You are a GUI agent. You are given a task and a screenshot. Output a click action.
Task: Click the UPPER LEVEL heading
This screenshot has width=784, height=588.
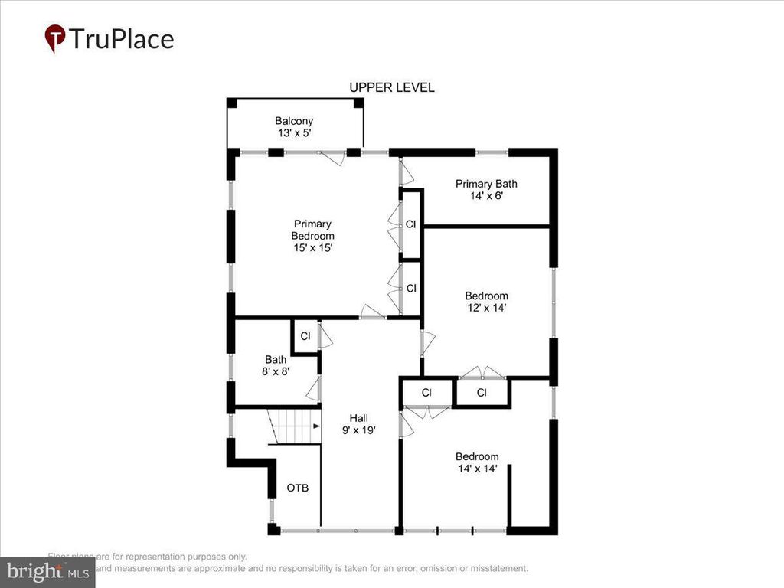click(x=392, y=87)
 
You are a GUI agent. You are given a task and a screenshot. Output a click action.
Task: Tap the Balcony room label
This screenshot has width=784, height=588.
click(x=294, y=121)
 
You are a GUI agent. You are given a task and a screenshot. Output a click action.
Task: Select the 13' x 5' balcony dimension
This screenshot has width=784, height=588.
click(x=294, y=133)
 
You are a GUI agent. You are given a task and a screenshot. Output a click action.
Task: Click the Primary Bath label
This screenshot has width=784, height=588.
click(x=486, y=184)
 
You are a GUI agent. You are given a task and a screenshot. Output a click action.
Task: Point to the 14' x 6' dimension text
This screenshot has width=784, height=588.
click(x=486, y=196)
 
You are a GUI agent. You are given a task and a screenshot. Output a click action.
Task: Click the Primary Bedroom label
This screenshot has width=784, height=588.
click(x=312, y=230)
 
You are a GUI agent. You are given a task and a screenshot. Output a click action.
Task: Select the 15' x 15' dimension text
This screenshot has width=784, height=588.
click(x=312, y=248)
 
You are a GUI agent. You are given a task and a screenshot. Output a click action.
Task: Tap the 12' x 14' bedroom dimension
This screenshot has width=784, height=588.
click(x=486, y=309)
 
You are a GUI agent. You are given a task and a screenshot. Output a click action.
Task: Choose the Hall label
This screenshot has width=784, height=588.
click(x=359, y=418)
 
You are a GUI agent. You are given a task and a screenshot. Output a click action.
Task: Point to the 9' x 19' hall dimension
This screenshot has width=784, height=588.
click(x=359, y=430)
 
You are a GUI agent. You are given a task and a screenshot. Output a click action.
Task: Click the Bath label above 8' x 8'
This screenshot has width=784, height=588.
click(x=275, y=359)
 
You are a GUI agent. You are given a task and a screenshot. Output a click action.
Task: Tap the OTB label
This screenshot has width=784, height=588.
click(x=298, y=488)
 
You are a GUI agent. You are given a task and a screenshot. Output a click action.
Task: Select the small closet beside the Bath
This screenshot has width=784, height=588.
click(x=305, y=336)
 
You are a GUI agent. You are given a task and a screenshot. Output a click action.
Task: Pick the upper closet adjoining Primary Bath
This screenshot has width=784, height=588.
click(x=411, y=224)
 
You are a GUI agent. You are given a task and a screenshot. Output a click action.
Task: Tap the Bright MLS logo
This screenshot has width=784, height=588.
click(x=47, y=571)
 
